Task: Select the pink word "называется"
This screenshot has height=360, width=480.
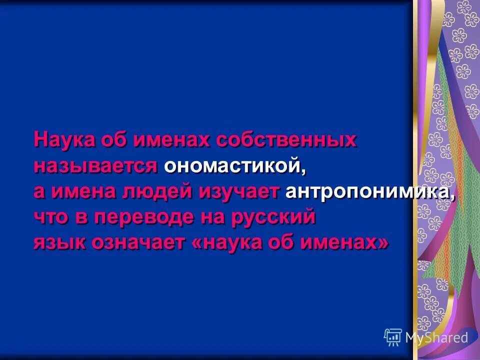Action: pyautogui.click(x=96, y=166)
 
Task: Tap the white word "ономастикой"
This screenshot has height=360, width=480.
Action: pyautogui.click(x=232, y=166)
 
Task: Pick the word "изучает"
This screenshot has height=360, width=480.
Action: pyautogui.click(x=239, y=192)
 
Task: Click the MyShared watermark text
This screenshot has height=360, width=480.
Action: pyautogui.click(x=436, y=337)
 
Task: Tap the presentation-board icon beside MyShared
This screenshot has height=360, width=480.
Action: pyautogui.click(x=393, y=337)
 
